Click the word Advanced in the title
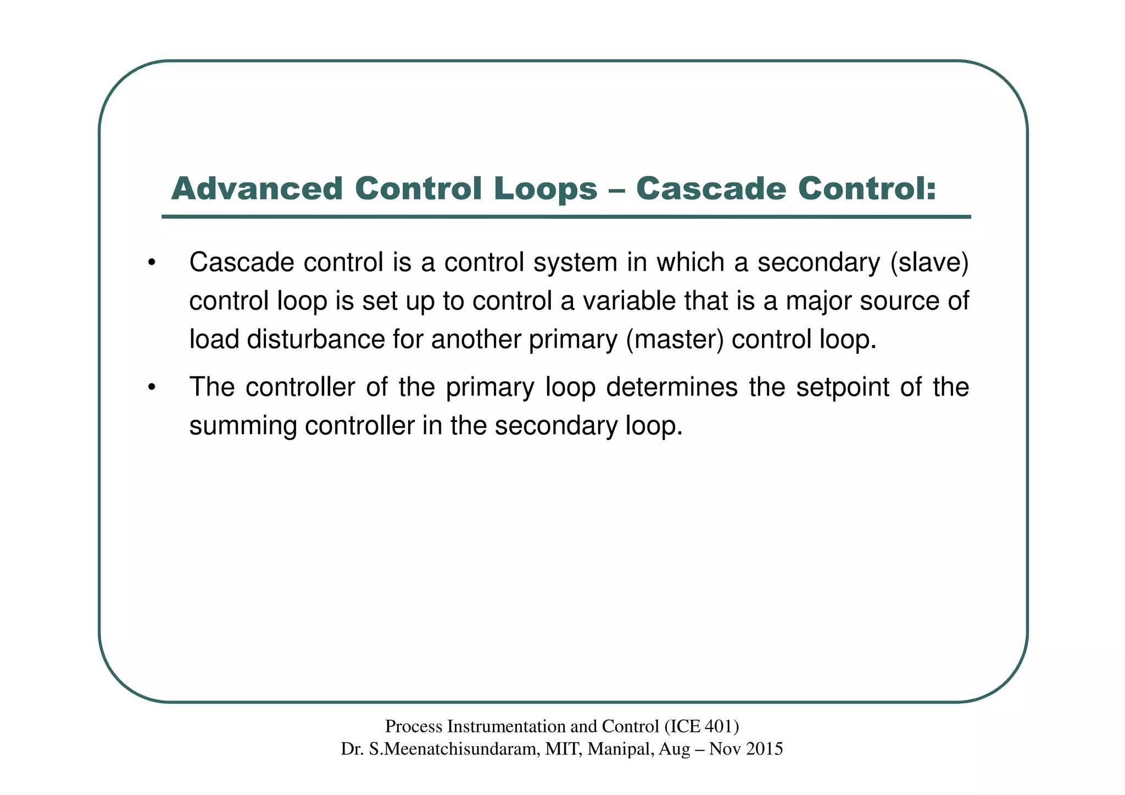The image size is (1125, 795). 257,188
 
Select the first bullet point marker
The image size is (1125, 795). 152,263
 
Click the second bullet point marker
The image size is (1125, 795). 152,387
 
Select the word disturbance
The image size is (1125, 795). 315,340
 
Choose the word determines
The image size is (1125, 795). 671,387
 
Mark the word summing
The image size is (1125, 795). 242,426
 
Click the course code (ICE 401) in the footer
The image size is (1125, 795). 701,726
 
